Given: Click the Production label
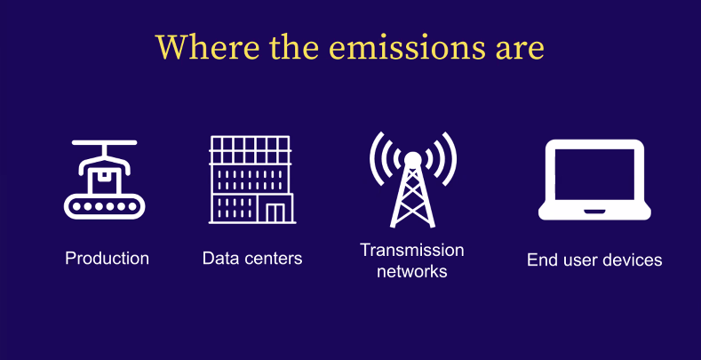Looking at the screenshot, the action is point(107,259).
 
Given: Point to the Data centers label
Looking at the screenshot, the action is point(252,259).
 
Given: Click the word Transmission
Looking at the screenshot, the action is point(411,250).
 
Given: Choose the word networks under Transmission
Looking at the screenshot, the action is point(411,271).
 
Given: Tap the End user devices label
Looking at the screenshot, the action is point(594,260).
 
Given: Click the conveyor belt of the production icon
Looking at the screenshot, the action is point(105,206).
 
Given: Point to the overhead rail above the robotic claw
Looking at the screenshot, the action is point(104,142).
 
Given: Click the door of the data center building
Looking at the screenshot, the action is point(275,212).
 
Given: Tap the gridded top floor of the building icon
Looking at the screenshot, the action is point(251,149).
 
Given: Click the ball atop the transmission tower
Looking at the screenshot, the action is point(412,159).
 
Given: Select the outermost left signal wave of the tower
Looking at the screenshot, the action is point(377,159).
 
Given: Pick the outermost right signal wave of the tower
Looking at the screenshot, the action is point(449,159).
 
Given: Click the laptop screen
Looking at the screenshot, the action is point(594,174).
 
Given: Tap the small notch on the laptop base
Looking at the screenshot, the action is point(594,211).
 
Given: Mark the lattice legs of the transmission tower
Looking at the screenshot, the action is point(412,196).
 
